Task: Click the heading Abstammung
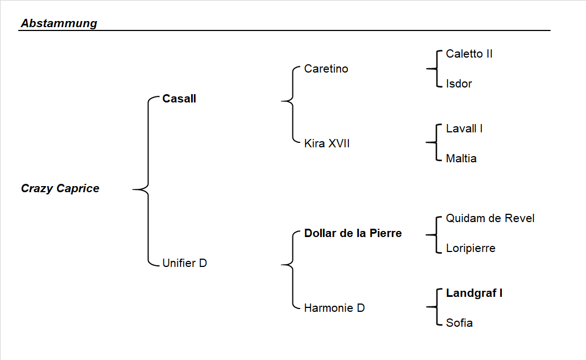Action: [59, 23]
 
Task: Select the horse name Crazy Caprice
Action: [60, 188]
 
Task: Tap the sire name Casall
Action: [179, 99]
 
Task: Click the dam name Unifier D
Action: [184, 263]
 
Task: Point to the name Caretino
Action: [326, 69]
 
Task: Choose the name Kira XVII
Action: [327, 144]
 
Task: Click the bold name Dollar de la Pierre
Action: [353, 233]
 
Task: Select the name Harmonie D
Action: [334, 308]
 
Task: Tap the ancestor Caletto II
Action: [469, 54]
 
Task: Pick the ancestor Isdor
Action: [459, 84]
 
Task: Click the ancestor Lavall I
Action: [464, 129]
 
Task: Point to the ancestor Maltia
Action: [461, 159]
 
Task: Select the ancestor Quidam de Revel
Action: [490, 219]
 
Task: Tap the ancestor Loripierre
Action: [470, 249]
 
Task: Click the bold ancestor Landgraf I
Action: [474, 294]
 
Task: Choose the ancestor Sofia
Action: [459, 323]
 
